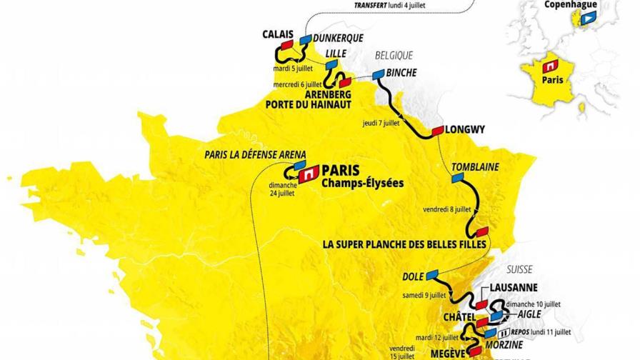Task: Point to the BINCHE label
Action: click(x=401, y=73)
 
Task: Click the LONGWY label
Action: click(x=464, y=130)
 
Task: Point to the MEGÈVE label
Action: click(x=446, y=352)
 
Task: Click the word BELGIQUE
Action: click(x=394, y=55)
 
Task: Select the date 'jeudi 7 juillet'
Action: click(x=381, y=122)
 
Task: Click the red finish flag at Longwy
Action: click(x=436, y=131)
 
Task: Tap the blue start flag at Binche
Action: click(x=376, y=73)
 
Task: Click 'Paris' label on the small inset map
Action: click(x=551, y=81)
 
